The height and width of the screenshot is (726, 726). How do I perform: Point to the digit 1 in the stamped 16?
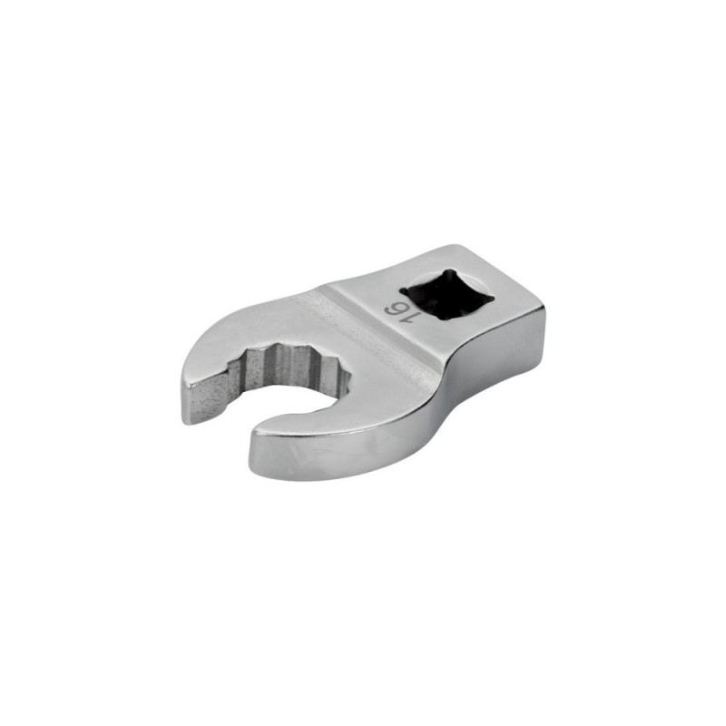point(401,319)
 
